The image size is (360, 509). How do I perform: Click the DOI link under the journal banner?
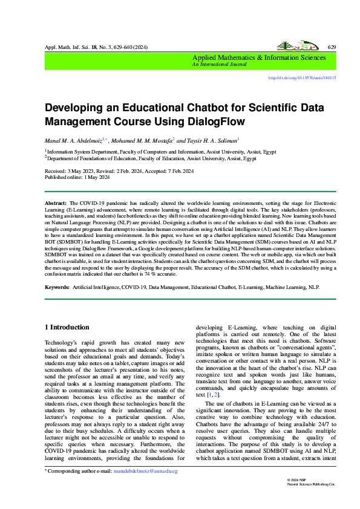[x=310, y=78]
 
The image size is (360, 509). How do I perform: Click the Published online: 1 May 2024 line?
[x=76, y=178]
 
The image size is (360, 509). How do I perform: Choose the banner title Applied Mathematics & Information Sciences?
[x=259, y=57]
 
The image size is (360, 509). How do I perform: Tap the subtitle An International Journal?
[x=217, y=63]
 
